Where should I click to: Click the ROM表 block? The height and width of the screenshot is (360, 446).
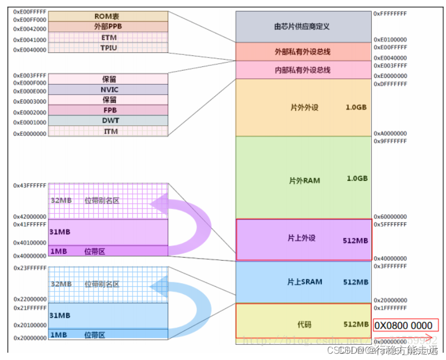click(108, 16)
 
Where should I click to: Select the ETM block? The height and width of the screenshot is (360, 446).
click(108, 38)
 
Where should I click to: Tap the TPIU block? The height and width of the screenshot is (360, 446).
click(108, 48)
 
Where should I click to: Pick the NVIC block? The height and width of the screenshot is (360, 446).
click(108, 89)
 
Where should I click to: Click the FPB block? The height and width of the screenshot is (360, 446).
click(108, 110)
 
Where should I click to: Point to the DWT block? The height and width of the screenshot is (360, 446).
click(108, 121)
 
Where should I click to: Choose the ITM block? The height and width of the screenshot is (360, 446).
click(108, 131)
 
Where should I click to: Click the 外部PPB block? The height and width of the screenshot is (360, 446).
click(108, 27)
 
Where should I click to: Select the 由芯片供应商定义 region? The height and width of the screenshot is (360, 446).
click(302, 26)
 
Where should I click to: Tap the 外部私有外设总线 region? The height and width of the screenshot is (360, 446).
click(302, 52)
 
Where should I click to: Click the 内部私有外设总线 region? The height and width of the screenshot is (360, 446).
click(302, 70)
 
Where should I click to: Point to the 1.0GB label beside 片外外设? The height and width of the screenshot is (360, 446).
click(356, 107)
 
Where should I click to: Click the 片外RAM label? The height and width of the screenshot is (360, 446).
click(304, 180)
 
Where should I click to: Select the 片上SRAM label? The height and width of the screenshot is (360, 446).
click(304, 282)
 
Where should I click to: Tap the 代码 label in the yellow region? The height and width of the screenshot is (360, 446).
click(303, 324)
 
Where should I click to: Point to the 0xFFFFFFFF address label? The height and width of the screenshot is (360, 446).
click(390, 13)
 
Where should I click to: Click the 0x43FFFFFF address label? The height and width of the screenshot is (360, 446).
click(30, 185)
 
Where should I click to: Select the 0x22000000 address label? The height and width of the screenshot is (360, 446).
click(30, 299)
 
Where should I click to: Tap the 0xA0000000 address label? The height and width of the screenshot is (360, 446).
click(390, 134)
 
